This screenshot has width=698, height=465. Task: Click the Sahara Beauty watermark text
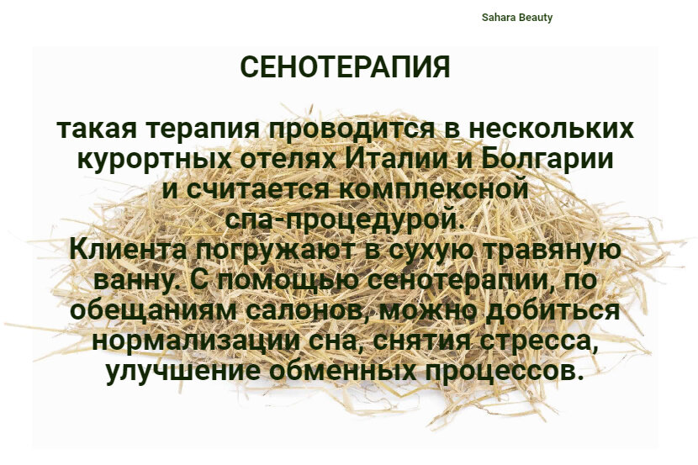tap(517, 18)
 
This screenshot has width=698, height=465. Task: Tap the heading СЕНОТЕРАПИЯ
tap(346, 67)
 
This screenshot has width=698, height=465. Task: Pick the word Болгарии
tap(548, 161)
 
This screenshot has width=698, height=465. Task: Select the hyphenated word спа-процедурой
tap(345, 219)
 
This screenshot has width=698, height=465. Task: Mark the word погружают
tap(277, 251)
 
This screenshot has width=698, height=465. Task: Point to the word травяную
tap(552, 251)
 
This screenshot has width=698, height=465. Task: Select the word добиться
tap(552, 310)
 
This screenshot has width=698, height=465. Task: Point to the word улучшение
tap(185, 371)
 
